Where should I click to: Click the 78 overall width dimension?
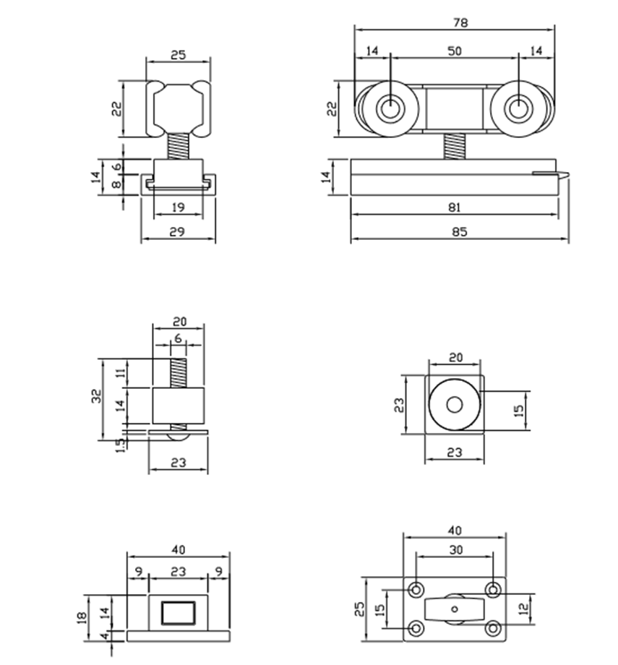click(x=460, y=22)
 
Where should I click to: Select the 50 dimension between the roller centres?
click(x=455, y=51)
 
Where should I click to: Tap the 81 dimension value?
click(x=455, y=207)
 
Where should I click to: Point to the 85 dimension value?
click(x=459, y=232)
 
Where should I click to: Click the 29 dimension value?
click(x=178, y=231)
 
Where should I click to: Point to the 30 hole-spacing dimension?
click(x=455, y=549)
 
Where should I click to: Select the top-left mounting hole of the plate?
click(x=416, y=589)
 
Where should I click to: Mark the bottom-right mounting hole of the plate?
click(x=493, y=628)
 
